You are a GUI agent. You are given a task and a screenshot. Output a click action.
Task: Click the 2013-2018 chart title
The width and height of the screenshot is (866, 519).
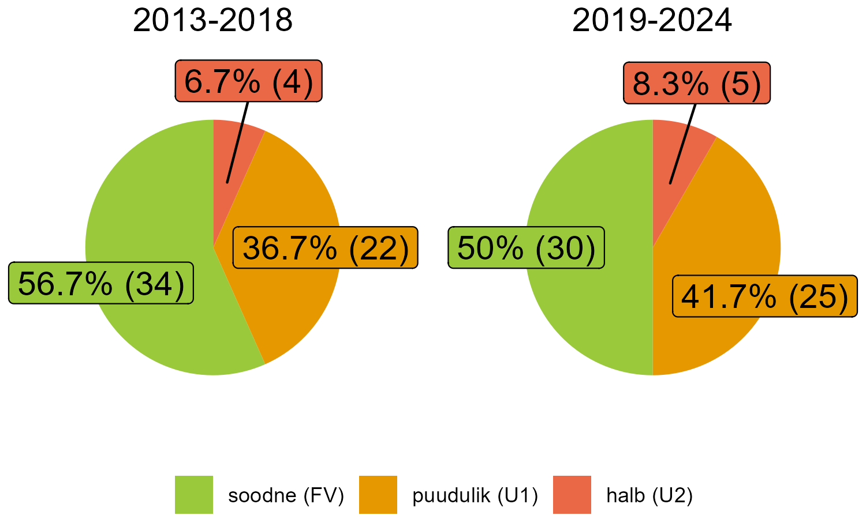pyautogui.click(x=213, y=21)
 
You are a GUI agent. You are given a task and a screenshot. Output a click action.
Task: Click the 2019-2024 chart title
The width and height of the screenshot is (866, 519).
pyautogui.click(x=652, y=21)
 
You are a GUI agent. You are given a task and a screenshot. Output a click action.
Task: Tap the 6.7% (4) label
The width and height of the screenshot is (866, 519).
pyautogui.click(x=248, y=81)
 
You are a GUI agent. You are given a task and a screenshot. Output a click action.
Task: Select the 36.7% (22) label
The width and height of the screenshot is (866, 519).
pyautogui.click(x=325, y=248)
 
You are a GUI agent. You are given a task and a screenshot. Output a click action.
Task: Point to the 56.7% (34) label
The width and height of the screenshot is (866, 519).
pyautogui.click(x=101, y=283)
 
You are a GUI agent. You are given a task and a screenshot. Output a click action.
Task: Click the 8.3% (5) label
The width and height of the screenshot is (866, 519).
pyautogui.click(x=697, y=83)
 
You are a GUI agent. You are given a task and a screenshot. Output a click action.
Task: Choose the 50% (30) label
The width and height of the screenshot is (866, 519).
pyautogui.click(x=526, y=248)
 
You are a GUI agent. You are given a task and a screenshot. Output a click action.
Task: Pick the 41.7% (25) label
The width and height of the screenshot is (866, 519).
pyautogui.click(x=764, y=296)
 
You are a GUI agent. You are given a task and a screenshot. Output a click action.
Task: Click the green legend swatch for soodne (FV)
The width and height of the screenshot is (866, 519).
pyautogui.click(x=194, y=495)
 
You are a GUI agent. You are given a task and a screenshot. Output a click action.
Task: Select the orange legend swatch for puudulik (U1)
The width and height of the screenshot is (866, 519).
pyautogui.click(x=378, y=495)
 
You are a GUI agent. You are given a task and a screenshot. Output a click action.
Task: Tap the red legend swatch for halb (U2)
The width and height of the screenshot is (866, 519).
pyautogui.click(x=572, y=495)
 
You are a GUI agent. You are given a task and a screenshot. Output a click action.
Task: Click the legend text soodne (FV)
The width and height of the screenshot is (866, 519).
pyautogui.click(x=286, y=495)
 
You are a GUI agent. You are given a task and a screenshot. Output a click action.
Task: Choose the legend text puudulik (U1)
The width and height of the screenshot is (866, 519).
pyautogui.click(x=475, y=495)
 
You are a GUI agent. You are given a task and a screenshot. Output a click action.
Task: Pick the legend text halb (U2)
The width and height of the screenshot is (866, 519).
pyautogui.click(x=649, y=495)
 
